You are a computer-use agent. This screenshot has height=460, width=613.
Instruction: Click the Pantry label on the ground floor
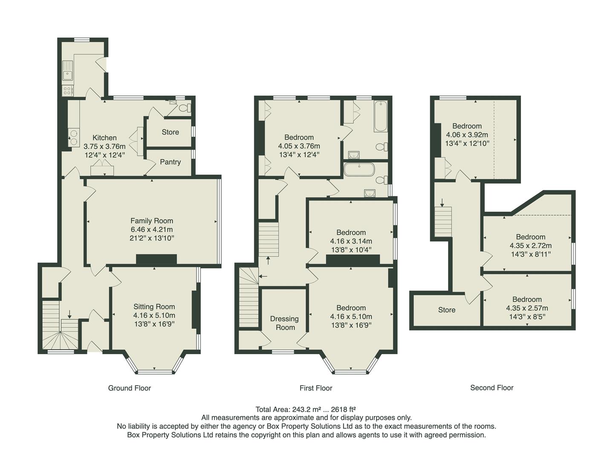[x=170, y=162]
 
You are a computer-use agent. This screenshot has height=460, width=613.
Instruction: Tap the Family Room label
[x=152, y=221]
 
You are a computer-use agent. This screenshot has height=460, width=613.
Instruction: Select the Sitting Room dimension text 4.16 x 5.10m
[x=154, y=315]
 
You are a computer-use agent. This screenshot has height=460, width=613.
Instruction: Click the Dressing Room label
[x=284, y=323]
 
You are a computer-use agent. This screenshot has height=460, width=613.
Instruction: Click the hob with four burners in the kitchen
[x=67, y=90]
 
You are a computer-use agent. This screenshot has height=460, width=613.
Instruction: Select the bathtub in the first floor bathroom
[x=380, y=116]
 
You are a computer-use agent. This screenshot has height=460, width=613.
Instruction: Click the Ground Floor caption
[x=129, y=388]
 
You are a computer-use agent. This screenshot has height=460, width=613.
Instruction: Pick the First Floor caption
[x=315, y=388]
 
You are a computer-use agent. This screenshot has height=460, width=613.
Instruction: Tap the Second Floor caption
[x=492, y=388]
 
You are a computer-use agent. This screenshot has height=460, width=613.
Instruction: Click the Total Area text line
[x=306, y=409]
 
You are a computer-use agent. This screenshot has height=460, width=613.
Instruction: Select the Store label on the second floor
[x=446, y=310]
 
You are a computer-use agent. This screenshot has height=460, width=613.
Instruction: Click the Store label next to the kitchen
[x=170, y=132]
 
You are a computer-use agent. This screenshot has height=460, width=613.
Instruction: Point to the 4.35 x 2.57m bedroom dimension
[x=527, y=308]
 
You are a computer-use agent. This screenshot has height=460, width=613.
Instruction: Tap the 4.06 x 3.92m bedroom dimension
[x=467, y=135]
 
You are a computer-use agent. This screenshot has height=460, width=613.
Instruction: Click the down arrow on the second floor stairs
[x=442, y=201]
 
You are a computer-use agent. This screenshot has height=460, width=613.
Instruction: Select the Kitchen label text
[x=104, y=138]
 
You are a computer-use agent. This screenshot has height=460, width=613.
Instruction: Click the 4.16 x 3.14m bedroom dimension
[x=351, y=241]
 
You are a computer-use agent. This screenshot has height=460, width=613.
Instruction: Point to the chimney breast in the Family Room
[x=156, y=259]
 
